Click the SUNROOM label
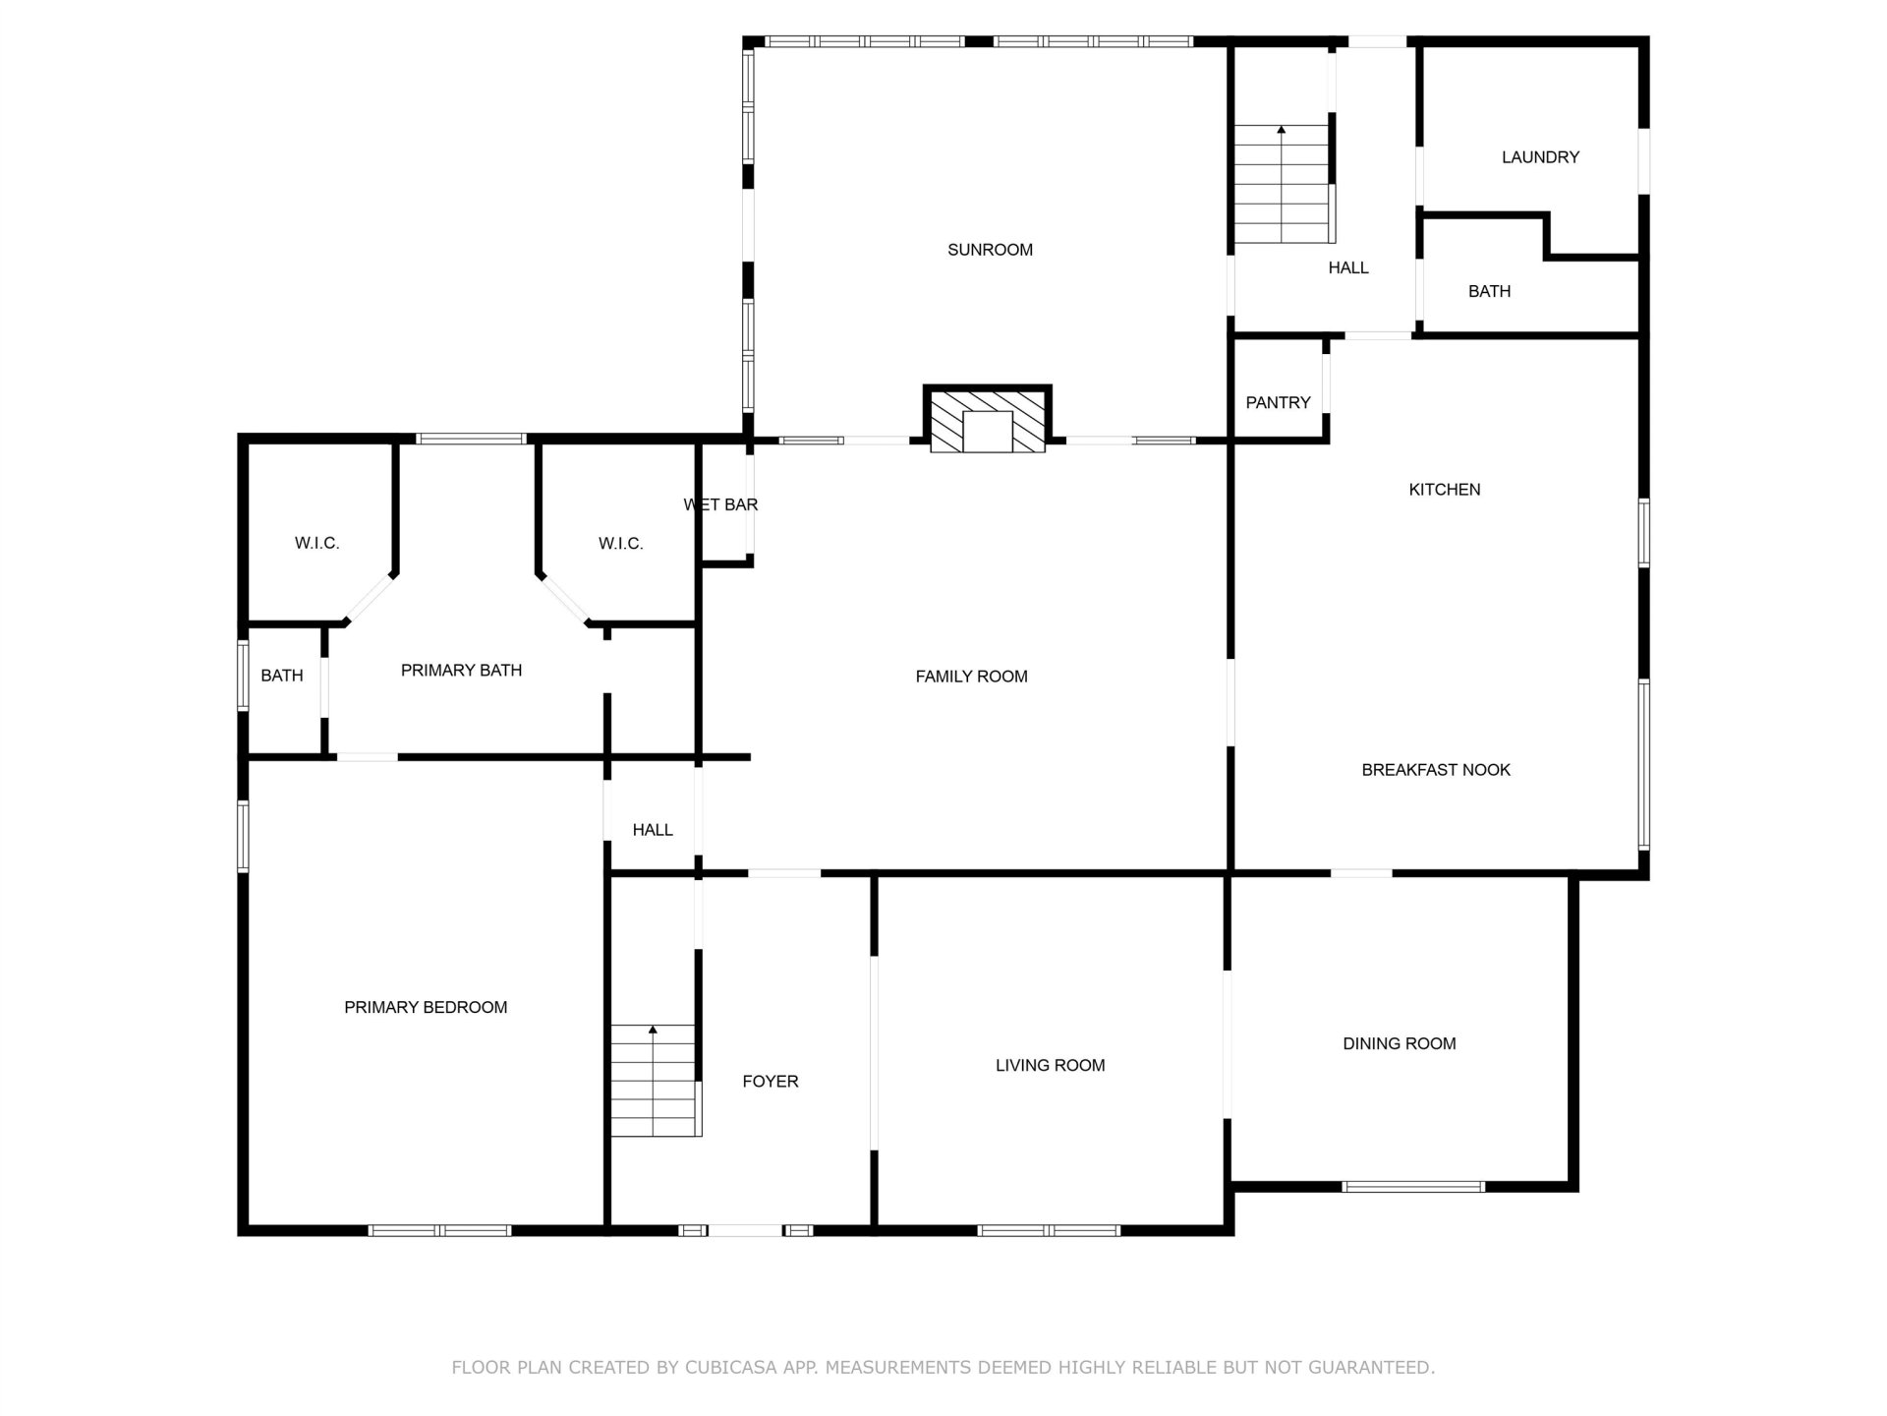coord(990,250)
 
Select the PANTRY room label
coord(1278,402)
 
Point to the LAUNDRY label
coord(1540,157)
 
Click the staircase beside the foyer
coord(655,1081)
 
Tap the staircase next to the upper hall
coord(1284,184)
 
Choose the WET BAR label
coord(720,504)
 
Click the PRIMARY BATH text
coord(461,671)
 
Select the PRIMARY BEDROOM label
coord(426,1007)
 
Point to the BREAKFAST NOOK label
coord(1436,770)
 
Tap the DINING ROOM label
coord(1400,1043)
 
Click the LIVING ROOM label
coord(1050,1065)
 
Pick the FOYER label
coord(771,1082)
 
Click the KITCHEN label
coord(1444,490)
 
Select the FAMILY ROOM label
coord(971,677)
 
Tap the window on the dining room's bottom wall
coord(1413,1187)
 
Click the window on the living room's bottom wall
coord(1049,1230)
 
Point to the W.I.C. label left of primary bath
coord(316,543)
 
